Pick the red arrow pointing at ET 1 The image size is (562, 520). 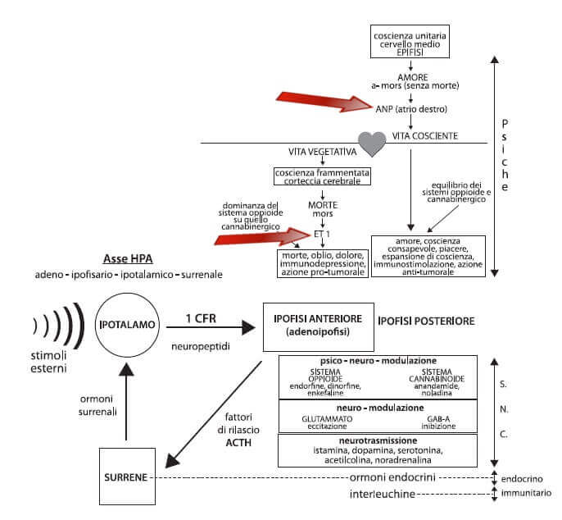262,236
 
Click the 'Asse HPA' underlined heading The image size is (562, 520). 128,258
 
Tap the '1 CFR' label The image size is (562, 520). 201,318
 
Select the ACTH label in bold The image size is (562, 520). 238,442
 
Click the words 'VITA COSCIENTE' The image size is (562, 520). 424,136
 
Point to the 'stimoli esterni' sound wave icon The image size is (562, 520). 58,326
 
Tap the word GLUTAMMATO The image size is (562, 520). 327,419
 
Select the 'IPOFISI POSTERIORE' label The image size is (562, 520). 426,321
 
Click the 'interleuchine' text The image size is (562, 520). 382,494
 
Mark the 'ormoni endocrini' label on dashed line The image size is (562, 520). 392,477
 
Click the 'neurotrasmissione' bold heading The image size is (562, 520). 378,440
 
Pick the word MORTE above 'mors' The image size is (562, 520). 323,205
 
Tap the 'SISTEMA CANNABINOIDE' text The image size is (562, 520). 437,376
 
